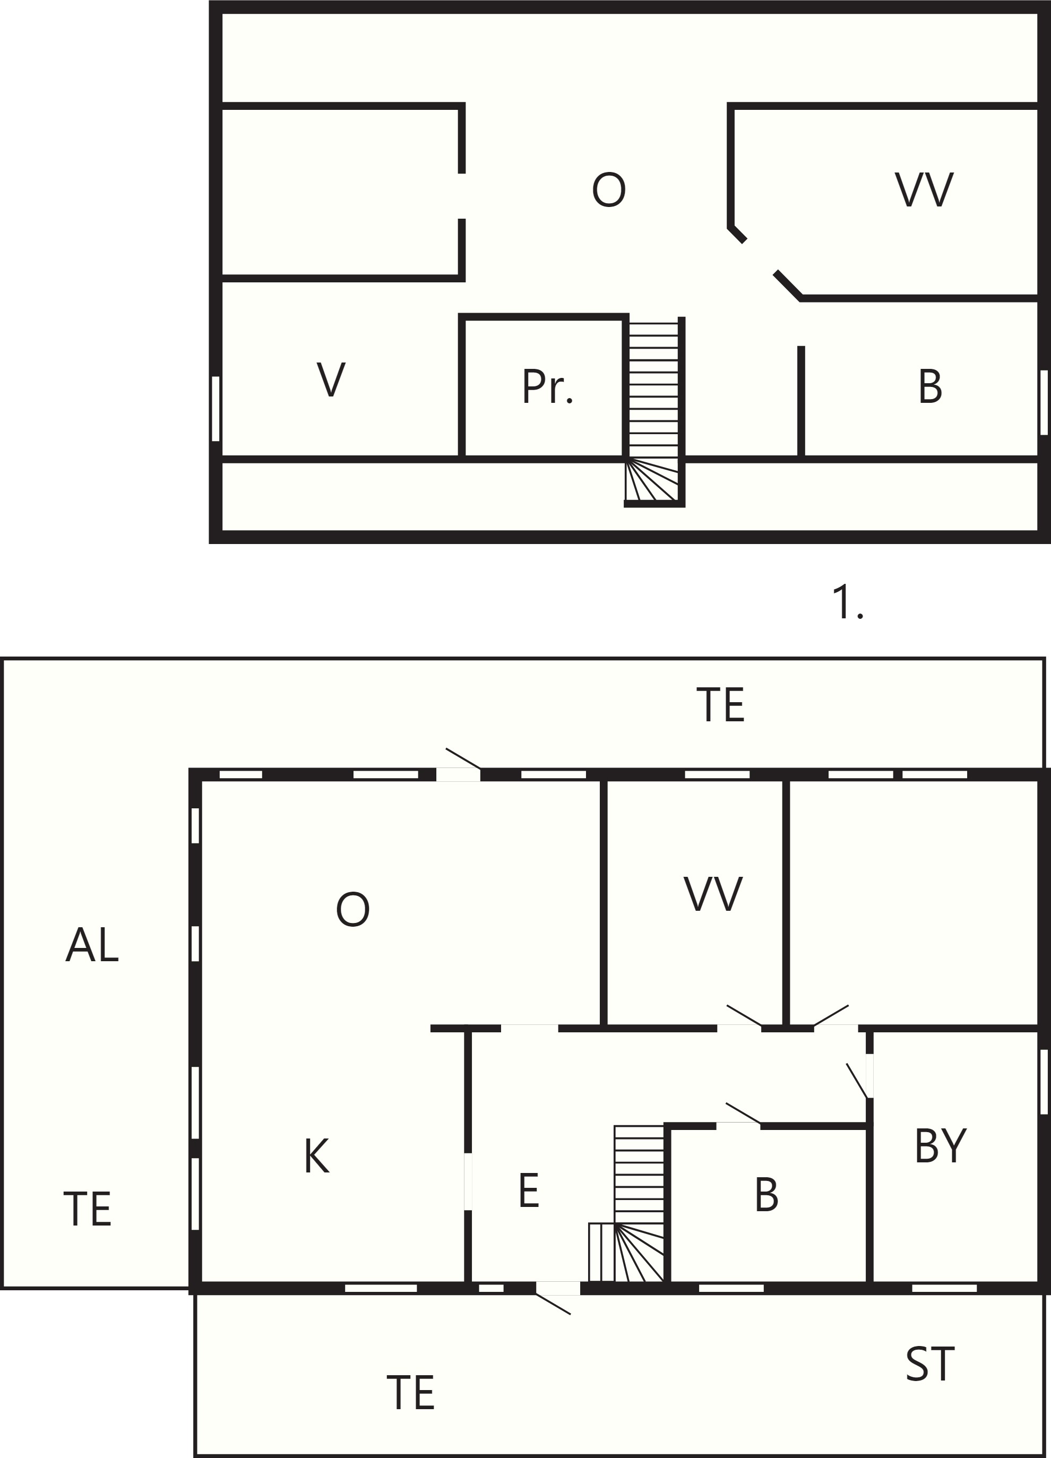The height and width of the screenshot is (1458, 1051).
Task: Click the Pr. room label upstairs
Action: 547,386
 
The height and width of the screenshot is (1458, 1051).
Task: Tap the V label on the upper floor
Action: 331,379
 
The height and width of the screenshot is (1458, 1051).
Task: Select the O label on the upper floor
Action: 609,189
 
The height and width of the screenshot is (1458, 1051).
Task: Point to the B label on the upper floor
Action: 930,386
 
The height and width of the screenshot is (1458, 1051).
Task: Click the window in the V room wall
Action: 216,409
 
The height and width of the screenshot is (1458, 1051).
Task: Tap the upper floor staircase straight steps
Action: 653,390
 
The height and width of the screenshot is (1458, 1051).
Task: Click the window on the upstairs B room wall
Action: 1044,402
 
